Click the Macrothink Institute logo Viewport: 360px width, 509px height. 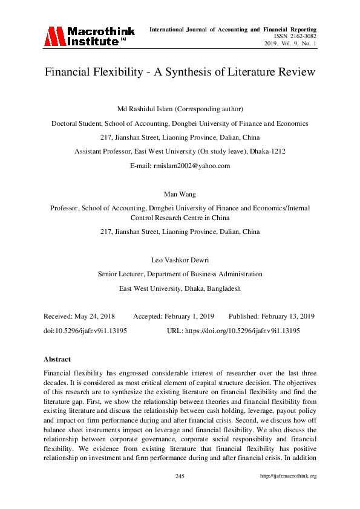[87, 36]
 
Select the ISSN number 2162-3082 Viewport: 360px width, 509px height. [302, 36]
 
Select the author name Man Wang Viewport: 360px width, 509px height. [180, 194]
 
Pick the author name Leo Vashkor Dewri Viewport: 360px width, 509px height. [180, 260]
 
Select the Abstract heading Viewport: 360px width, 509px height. [57, 359]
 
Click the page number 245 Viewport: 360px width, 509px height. [180, 476]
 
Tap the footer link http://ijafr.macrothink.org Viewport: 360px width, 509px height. [288, 476]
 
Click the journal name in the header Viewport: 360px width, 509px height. [233, 29]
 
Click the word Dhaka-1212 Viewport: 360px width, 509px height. [268, 151]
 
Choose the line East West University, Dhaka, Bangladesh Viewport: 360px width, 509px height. [180, 288]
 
